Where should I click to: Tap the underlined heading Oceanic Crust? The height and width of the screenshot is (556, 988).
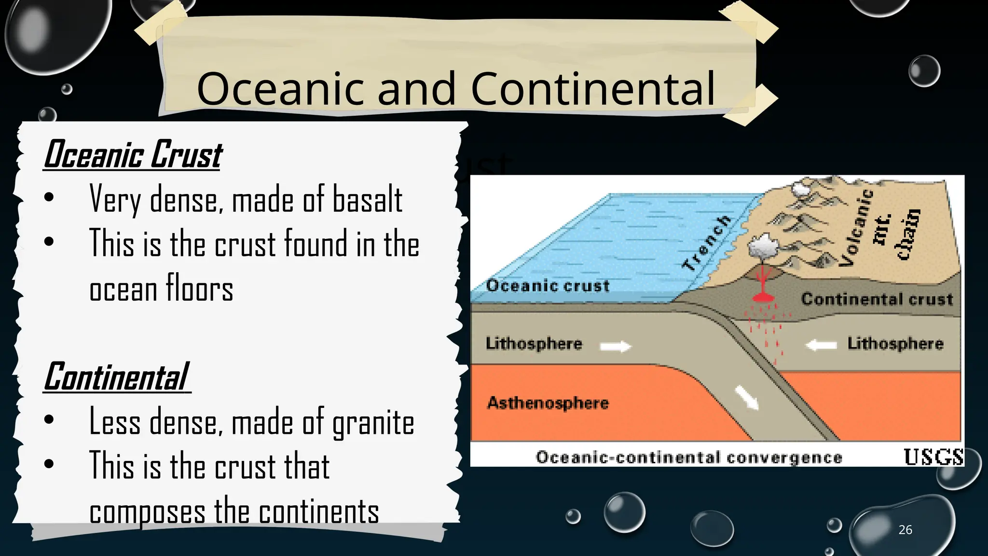pyautogui.click(x=133, y=155)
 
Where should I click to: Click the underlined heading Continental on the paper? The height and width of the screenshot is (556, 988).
pyautogui.click(x=116, y=377)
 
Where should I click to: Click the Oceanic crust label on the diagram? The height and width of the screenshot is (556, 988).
pyautogui.click(x=548, y=286)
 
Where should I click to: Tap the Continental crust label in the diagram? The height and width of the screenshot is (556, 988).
pyautogui.click(x=877, y=299)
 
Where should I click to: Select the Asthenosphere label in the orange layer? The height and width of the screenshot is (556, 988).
pyautogui.click(x=548, y=403)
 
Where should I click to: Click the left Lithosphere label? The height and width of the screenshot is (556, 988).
pyautogui.click(x=534, y=344)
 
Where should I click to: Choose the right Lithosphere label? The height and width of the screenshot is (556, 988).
pyautogui.click(x=895, y=344)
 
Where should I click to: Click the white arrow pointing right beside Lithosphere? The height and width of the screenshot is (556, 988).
pyautogui.click(x=615, y=346)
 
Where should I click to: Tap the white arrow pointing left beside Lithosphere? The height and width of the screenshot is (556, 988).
pyautogui.click(x=821, y=345)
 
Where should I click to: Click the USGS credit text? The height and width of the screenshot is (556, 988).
pyautogui.click(x=933, y=457)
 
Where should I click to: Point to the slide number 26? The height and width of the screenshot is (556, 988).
pyautogui.click(x=905, y=530)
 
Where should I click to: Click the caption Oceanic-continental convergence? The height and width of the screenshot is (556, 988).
pyautogui.click(x=688, y=458)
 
